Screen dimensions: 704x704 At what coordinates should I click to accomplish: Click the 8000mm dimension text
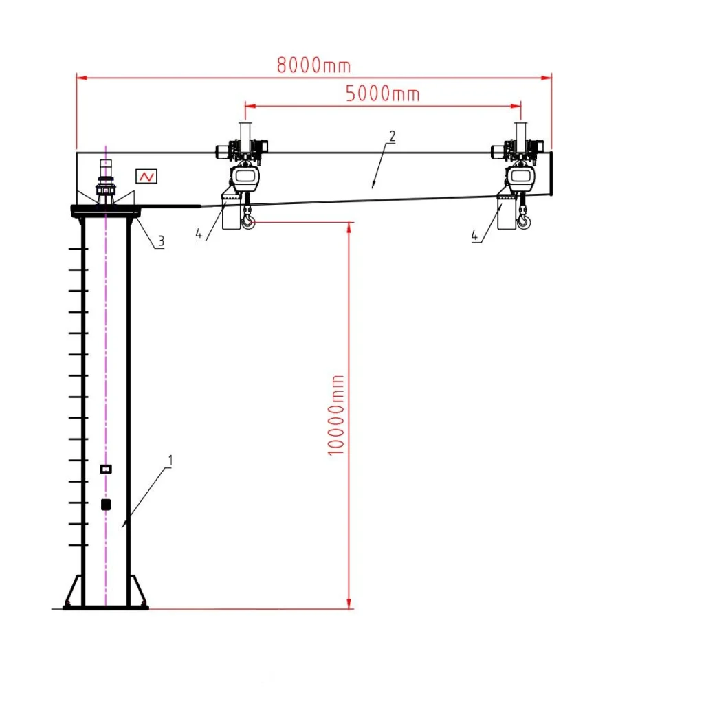point(313,65)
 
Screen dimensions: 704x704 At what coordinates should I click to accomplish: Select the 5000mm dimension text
point(382,93)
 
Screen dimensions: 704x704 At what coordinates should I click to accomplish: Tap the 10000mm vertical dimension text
point(336,415)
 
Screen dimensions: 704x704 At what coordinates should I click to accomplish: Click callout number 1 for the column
point(170,461)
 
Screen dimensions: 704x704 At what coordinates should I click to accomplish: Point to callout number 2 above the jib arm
point(393,136)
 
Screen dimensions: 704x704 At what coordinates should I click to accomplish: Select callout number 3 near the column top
point(161,241)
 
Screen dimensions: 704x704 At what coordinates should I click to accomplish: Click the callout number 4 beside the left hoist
point(199,234)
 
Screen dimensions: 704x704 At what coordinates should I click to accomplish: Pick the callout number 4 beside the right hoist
point(474,235)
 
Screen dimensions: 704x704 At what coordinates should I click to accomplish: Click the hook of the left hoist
point(248,222)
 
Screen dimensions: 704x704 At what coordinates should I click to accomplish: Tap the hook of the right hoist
point(524,222)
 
